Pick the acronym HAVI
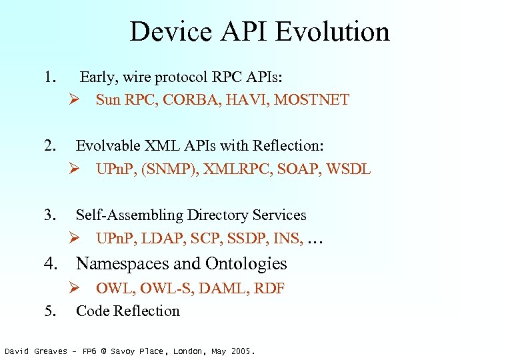click(246, 100)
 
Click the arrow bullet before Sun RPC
click(76, 100)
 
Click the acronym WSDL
click(347, 169)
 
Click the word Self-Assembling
click(129, 215)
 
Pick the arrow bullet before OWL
click(76, 288)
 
